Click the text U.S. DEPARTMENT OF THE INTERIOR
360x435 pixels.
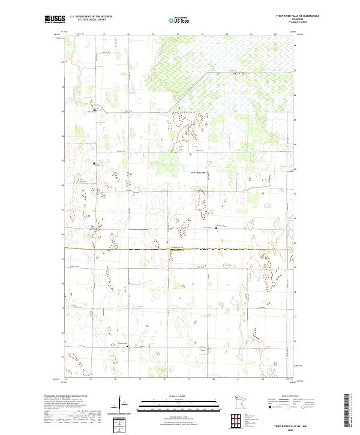pyautogui.click(x=91, y=17)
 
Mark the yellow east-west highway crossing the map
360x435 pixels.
pyautogui.click(x=180, y=248)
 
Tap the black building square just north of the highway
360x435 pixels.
pyautogui.click(x=217, y=228)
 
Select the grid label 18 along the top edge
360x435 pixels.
pyautogui.click(x=178, y=34)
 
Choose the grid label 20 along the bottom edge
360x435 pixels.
pyautogui.click(x=214, y=379)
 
